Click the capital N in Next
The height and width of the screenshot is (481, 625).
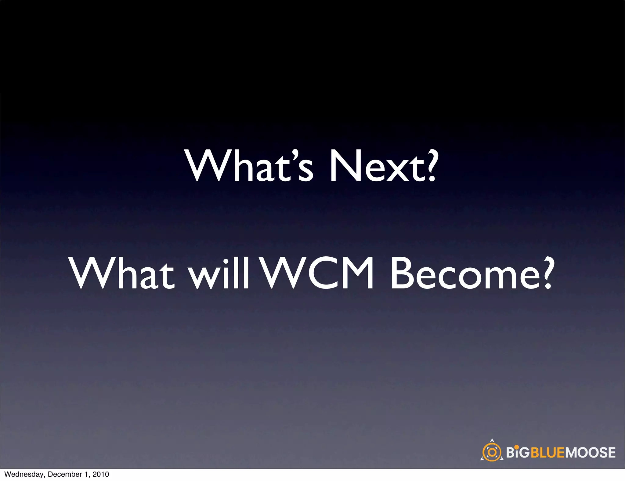[x=343, y=166]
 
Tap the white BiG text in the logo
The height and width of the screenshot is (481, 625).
[x=518, y=453]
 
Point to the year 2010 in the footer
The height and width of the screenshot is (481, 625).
[x=101, y=475]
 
